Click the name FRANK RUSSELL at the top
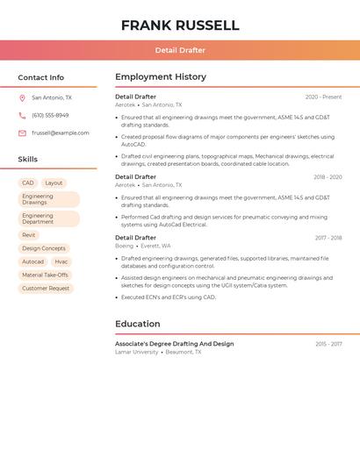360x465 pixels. pyautogui.click(x=180, y=25)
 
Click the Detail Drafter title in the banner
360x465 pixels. pyautogui.click(x=180, y=50)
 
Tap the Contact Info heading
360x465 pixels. pyautogui.click(x=41, y=77)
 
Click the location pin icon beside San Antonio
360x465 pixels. pyautogui.click(x=22, y=97)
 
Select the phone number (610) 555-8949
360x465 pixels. pyautogui.click(x=50, y=115)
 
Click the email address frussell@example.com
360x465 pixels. pyautogui.click(x=61, y=132)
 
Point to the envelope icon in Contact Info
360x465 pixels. pyautogui.click(x=22, y=132)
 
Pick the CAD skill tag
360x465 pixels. pyautogui.click(x=28, y=182)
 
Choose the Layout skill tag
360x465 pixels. pyautogui.click(x=54, y=182)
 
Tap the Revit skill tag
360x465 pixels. pyautogui.click(x=29, y=235)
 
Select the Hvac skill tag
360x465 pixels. pyautogui.click(x=61, y=261)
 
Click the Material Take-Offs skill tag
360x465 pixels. pyautogui.click(x=45, y=275)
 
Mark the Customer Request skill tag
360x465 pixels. pyautogui.click(x=46, y=288)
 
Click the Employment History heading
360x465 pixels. pyautogui.click(x=161, y=77)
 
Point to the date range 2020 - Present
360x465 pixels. pyautogui.click(x=323, y=97)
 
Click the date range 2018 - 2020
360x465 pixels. pyautogui.click(x=328, y=177)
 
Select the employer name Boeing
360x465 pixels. pyautogui.click(x=124, y=246)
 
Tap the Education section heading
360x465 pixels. pyautogui.click(x=138, y=324)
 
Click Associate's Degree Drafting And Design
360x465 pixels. pyautogui.click(x=174, y=344)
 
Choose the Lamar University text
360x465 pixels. pyautogui.click(x=137, y=352)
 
